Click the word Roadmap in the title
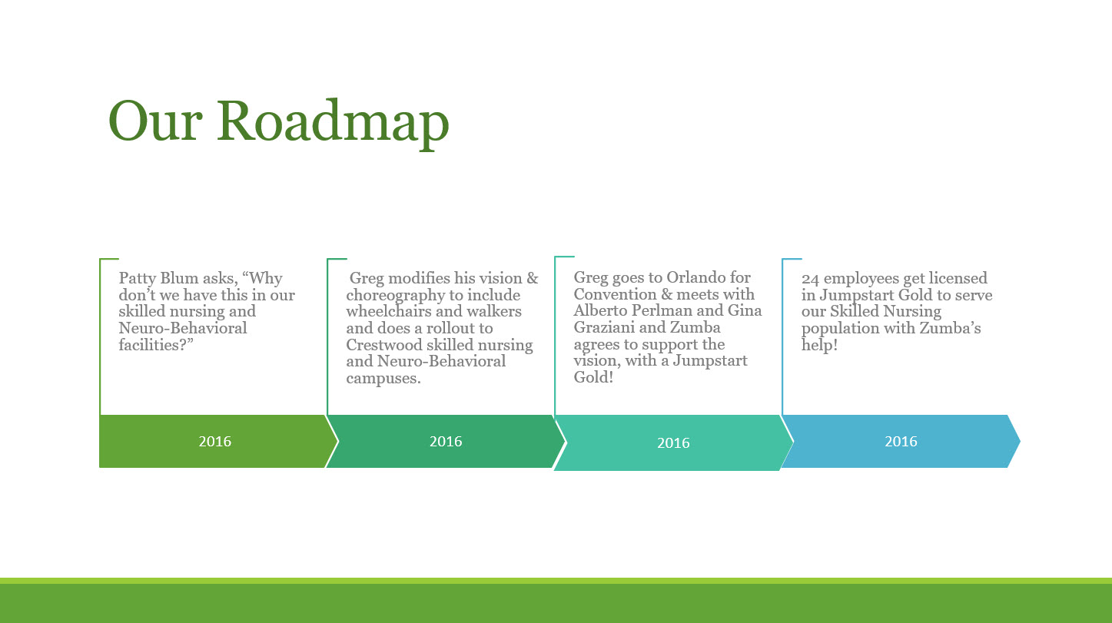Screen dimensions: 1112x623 333,123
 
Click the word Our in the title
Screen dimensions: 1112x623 155,121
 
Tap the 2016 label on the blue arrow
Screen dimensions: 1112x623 901,441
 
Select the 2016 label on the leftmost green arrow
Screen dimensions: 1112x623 215,441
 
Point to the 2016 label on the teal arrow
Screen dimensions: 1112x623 673,442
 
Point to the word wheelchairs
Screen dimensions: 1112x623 389,311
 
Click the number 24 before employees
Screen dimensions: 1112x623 810,279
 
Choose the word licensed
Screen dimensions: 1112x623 958,278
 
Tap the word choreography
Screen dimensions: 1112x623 396,295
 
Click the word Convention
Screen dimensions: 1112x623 615,294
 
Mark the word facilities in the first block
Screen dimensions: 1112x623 151,344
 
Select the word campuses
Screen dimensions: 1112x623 383,379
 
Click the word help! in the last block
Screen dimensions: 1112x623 820,344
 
